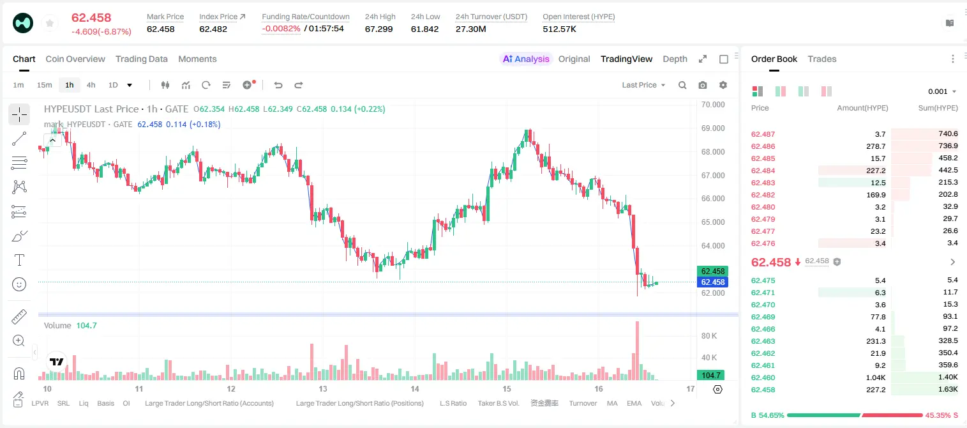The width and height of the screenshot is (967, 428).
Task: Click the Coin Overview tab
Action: [75, 59]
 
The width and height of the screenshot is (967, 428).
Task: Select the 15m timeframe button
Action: [44, 85]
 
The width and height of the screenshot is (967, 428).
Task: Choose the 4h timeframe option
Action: [91, 85]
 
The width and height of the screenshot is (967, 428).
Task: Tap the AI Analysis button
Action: [526, 59]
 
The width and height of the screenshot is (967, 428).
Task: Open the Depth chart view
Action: [675, 59]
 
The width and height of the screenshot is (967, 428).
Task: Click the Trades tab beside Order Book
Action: [822, 59]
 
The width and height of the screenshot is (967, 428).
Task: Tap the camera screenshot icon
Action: [703, 85]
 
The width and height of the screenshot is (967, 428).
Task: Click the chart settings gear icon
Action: [723, 85]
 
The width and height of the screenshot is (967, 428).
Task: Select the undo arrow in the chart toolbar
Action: [278, 85]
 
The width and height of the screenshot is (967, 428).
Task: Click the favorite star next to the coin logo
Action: [50, 23]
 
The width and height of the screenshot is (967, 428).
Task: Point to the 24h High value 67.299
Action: [379, 29]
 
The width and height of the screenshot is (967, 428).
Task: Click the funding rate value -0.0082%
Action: [281, 29]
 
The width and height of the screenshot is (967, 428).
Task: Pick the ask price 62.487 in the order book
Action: [763, 134]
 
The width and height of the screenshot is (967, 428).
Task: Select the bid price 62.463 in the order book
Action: [763, 341]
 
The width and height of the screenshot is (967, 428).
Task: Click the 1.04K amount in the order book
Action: [876, 378]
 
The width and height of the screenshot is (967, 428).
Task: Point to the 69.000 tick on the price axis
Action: [713, 128]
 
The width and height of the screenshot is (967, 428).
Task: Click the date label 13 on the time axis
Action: [323, 388]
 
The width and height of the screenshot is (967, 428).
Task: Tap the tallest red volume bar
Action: [637, 351]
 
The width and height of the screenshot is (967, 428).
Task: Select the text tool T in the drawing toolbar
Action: [19, 260]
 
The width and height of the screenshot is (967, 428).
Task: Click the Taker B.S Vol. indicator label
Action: [498, 403]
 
